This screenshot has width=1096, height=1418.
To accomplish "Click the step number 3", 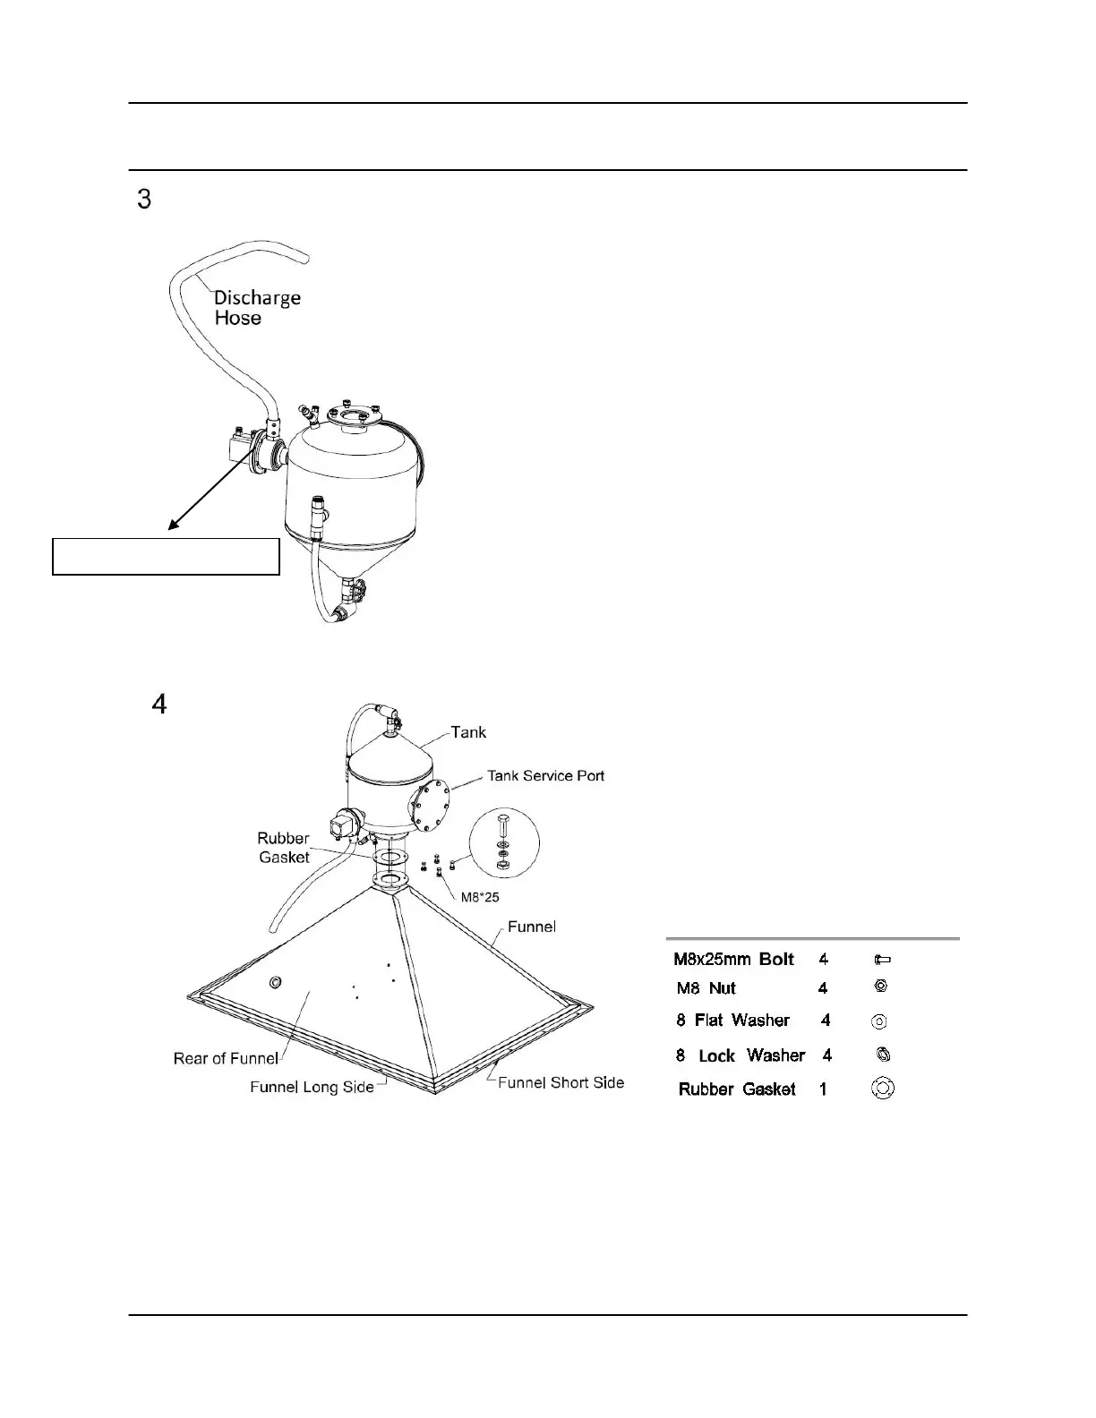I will pyautogui.click(x=143, y=199).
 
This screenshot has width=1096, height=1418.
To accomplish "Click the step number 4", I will pyautogui.click(x=158, y=705).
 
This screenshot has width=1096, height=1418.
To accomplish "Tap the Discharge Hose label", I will pyautogui.click(x=257, y=308).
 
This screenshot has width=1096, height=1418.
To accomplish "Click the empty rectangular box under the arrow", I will pyautogui.click(x=166, y=556).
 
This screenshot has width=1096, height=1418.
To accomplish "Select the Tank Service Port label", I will pyautogui.click(x=545, y=775).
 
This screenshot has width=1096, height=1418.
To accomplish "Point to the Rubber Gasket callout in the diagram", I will pyautogui.click(x=283, y=848).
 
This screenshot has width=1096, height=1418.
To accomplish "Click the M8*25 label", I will pyautogui.click(x=480, y=897).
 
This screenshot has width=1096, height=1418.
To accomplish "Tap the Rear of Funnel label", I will pyautogui.click(x=226, y=1058).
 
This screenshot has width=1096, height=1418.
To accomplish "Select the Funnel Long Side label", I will pyautogui.click(x=312, y=1087).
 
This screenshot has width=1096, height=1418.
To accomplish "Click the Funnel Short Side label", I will pyautogui.click(x=561, y=1082).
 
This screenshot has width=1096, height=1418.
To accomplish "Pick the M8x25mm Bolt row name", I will pyautogui.click(x=733, y=960).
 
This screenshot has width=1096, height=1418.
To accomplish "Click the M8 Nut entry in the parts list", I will pyautogui.click(x=706, y=988).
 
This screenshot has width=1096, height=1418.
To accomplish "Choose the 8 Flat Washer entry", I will pyautogui.click(x=732, y=1021).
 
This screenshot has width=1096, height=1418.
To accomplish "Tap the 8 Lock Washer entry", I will pyautogui.click(x=740, y=1055).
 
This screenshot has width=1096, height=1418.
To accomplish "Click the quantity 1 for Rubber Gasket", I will pyautogui.click(x=823, y=1089).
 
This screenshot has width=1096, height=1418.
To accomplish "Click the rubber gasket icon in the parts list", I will pyautogui.click(x=882, y=1089).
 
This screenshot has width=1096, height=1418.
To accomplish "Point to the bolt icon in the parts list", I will pyautogui.click(x=882, y=960).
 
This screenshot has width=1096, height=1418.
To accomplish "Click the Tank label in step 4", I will pyautogui.click(x=468, y=732).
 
